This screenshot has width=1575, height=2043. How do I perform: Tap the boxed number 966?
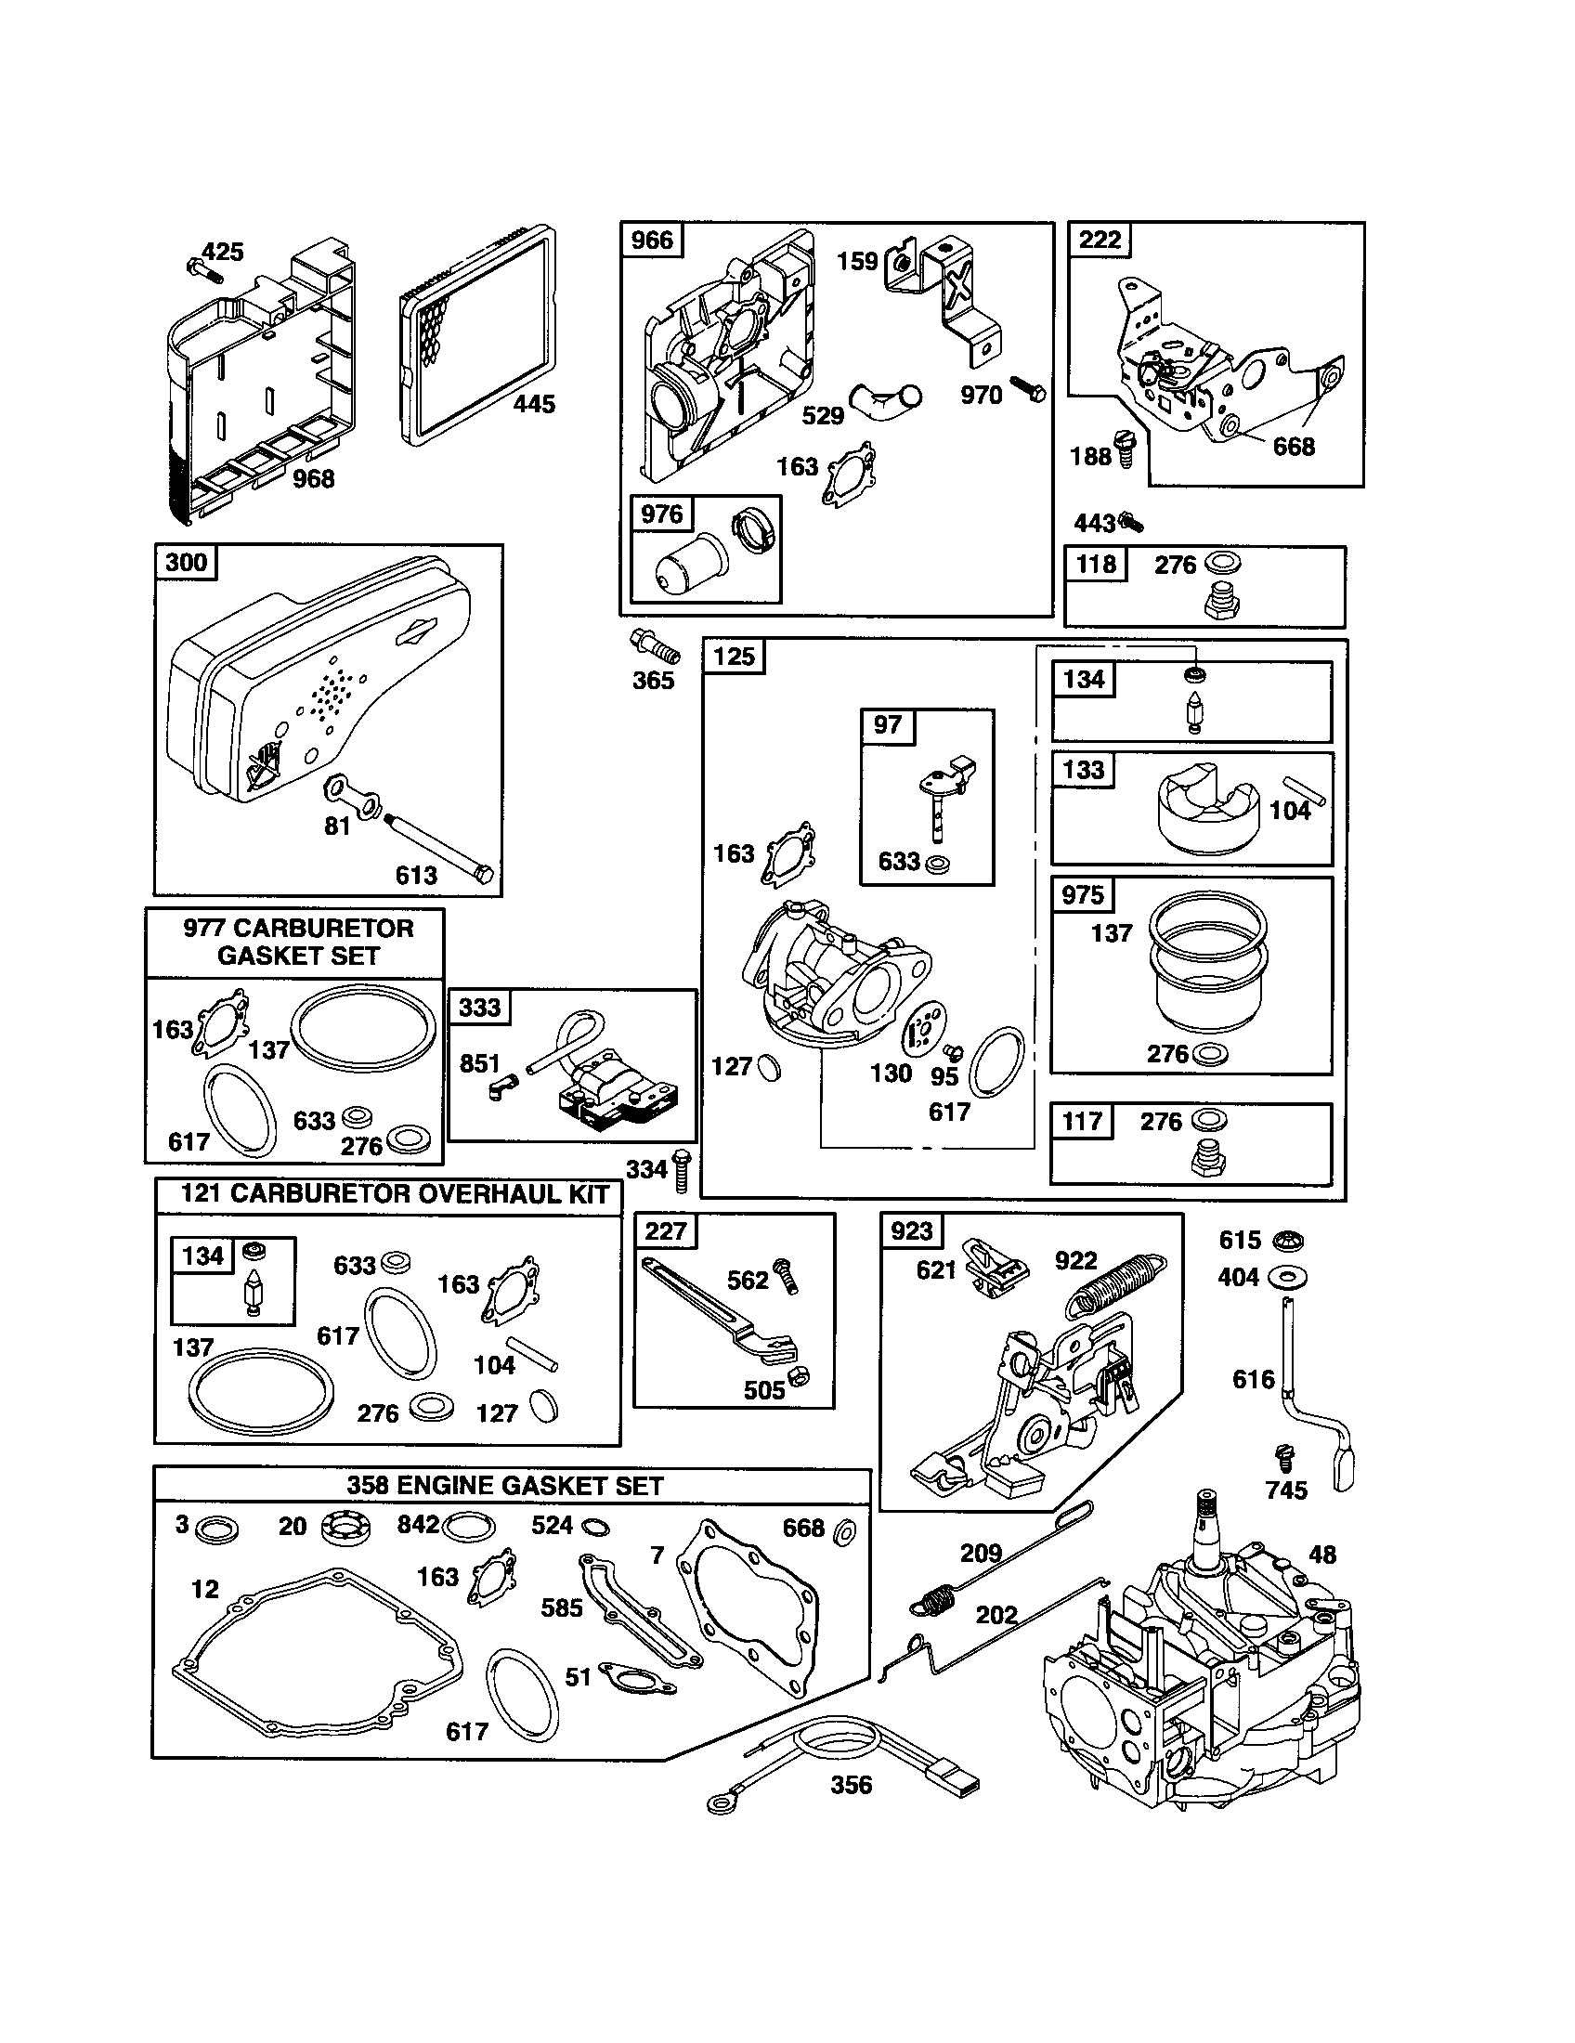click(x=652, y=241)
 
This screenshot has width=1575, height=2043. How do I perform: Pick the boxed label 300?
click(x=185, y=562)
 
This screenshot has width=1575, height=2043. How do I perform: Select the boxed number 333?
click(x=480, y=1008)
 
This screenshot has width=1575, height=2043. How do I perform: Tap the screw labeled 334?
click(x=682, y=1169)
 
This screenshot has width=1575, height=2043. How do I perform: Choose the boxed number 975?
click(x=1083, y=895)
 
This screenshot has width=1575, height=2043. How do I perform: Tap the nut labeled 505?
click(x=798, y=1375)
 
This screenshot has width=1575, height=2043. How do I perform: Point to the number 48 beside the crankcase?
click(x=1322, y=1555)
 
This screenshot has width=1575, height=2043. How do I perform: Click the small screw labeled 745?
click(x=1283, y=1455)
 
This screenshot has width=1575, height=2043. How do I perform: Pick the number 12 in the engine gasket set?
click(x=205, y=1589)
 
